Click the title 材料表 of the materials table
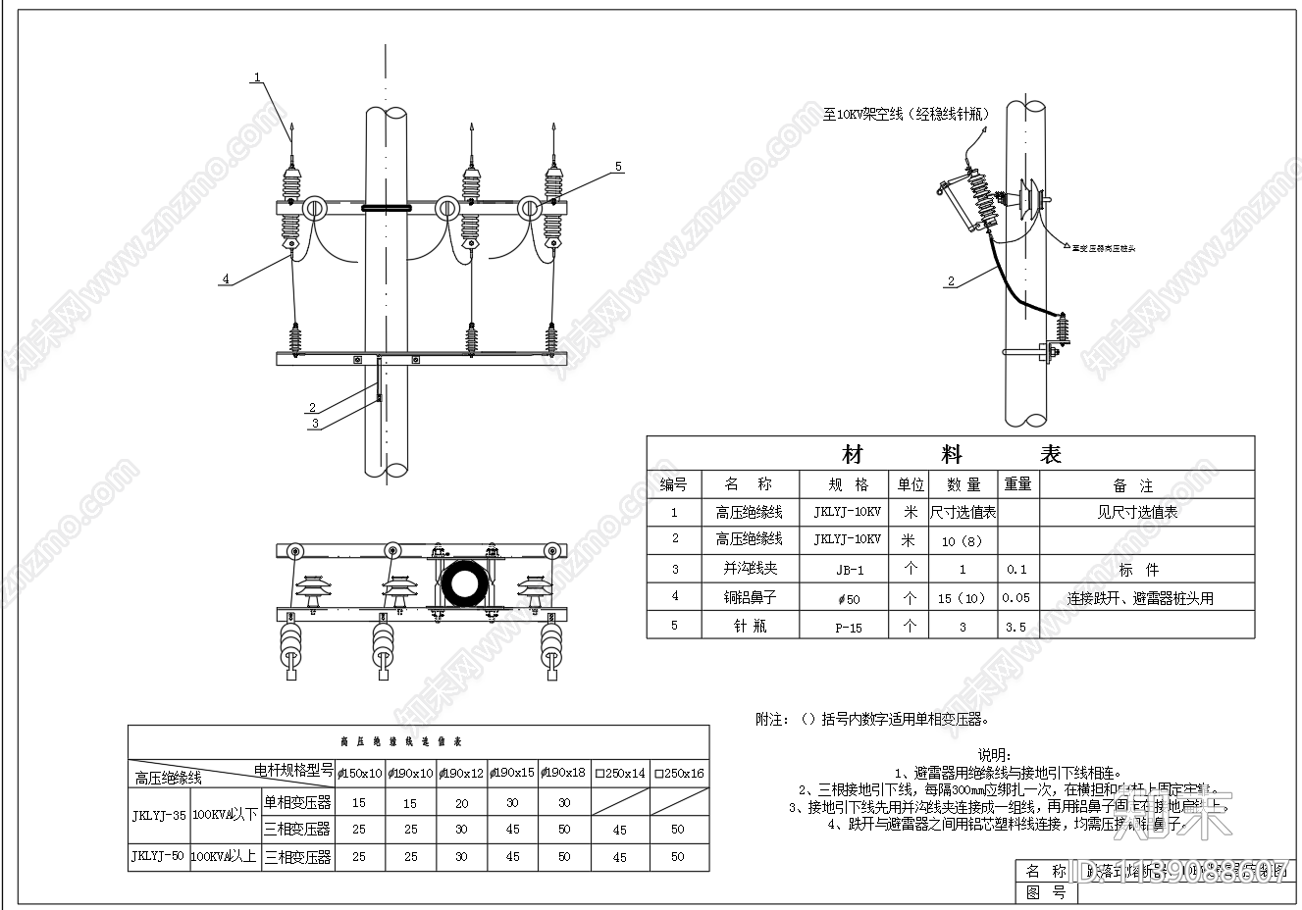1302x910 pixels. (x=950, y=454)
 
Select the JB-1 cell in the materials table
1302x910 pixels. (x=848, y=570)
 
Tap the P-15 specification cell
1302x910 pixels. (x=848, y=627)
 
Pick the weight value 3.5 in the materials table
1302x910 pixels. (x=1016, y=627)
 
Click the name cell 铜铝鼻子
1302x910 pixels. (x=749, y=597)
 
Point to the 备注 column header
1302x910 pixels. (x=1133, y=485)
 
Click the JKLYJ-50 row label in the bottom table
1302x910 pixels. (x=158, y=856)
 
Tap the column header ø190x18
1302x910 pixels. (x=563, y=773)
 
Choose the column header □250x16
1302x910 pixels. (x=678, y=773)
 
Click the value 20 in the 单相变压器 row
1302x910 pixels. (x=461, y=802)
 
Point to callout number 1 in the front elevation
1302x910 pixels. (x=257, y=76)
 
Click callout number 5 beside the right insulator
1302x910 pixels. (x=618, y=167)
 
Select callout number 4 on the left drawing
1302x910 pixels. (x=225, y=279)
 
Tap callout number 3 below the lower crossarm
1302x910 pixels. (x=315, y=424)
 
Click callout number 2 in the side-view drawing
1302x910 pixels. (x=950, y=281)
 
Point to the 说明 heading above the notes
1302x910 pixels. (x=994, y=754)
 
